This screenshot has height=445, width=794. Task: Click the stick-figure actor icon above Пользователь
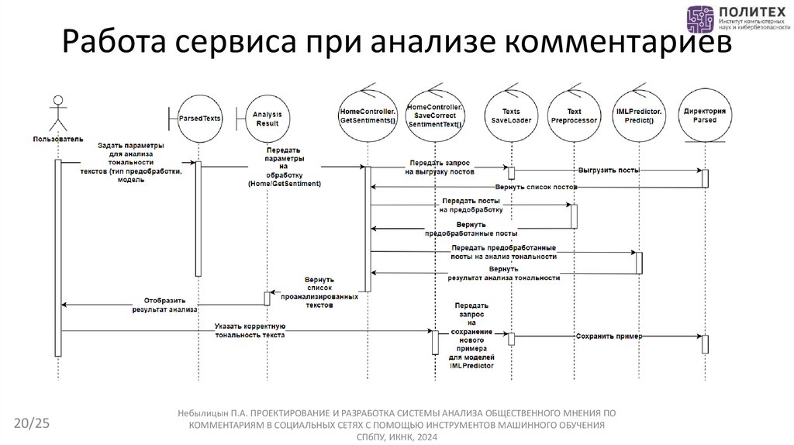click(57, 113)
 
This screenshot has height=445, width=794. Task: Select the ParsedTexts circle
click(200, 119)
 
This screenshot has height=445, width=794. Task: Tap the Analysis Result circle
click(268, 119)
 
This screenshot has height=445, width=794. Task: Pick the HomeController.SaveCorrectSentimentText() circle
click(434, 117)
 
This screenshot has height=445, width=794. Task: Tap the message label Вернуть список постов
click(536, 188)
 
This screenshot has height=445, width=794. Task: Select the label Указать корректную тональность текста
click(250, 331)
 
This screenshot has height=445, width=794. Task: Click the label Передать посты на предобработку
click(471, 205)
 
